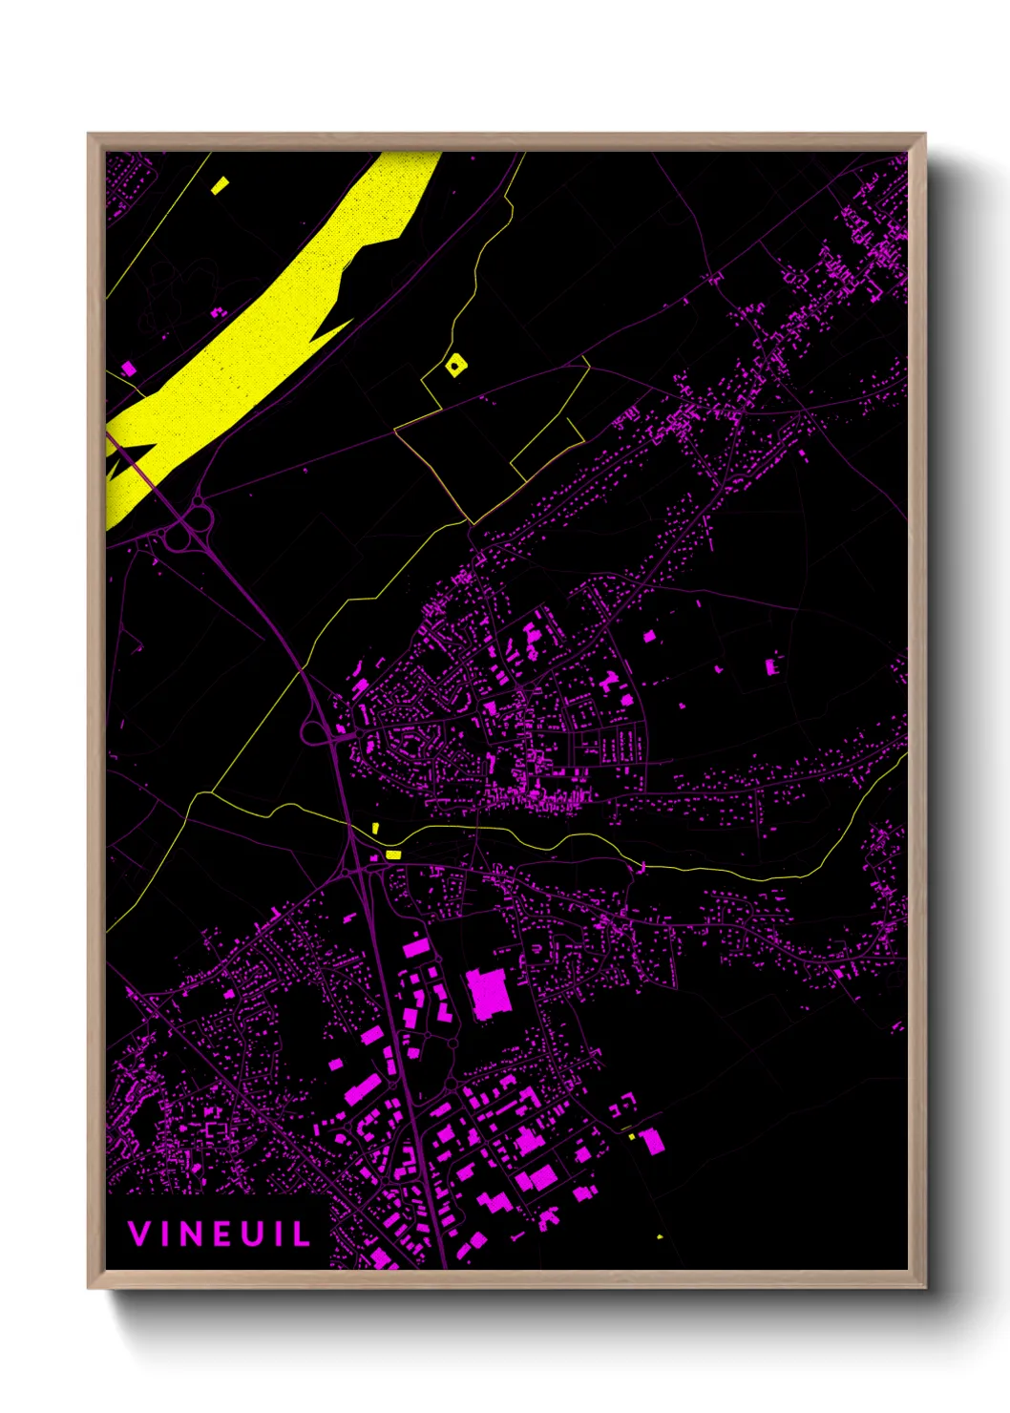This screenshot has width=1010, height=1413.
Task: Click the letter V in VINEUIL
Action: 138,1234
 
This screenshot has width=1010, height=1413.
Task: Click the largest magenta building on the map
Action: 488,993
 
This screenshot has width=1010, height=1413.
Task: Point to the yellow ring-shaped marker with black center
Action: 456,364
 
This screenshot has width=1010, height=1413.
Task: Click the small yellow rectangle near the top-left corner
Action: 221,185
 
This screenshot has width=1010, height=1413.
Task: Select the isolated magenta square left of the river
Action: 128,369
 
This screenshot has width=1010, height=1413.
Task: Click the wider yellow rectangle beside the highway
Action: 392,854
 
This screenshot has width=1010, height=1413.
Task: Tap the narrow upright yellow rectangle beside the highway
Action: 376,828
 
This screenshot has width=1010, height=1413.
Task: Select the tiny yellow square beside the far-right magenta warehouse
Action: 632,1136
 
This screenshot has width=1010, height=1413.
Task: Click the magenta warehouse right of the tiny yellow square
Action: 652,1141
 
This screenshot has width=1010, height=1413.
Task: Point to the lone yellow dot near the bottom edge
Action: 660,1237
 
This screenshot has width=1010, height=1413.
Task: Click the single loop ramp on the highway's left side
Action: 313,733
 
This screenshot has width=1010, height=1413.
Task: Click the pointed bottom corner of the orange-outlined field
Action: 471,522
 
